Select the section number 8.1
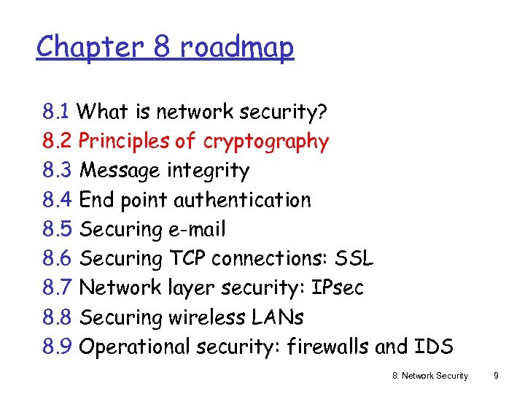click(55, 112)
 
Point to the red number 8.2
click(56, 142)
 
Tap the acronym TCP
click(189, 258)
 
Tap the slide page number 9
click(496, 376)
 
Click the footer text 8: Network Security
click(430, 376)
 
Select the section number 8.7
click(56, 287)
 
